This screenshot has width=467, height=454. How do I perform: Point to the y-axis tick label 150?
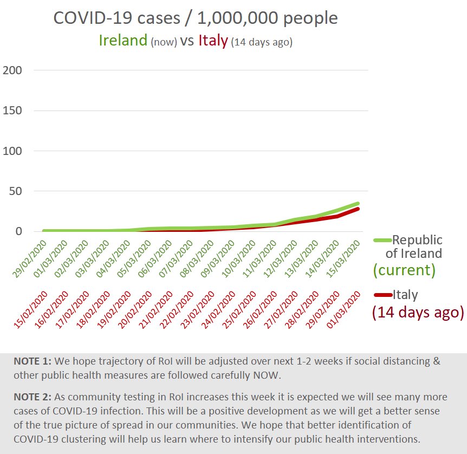[x=14, y=111]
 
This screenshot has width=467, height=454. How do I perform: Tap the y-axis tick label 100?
[x=14, y=151]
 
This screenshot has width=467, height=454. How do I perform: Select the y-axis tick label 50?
[x=16, y=191]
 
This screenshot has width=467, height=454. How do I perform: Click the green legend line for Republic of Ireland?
[x=382, y=240]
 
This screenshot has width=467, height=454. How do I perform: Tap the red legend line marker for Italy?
[x=382, y=295]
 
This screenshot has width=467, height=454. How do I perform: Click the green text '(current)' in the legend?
[x=404, y=269]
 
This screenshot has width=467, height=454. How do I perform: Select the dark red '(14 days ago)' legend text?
[x=418, y=313]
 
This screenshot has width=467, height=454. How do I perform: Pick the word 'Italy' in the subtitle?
[x=213, y=41]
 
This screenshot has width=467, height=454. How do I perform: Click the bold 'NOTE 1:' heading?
[x=33, y=361]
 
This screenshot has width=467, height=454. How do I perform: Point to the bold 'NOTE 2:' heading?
[x=33, y=397]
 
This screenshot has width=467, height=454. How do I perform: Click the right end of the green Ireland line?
[x=358, y=204]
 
